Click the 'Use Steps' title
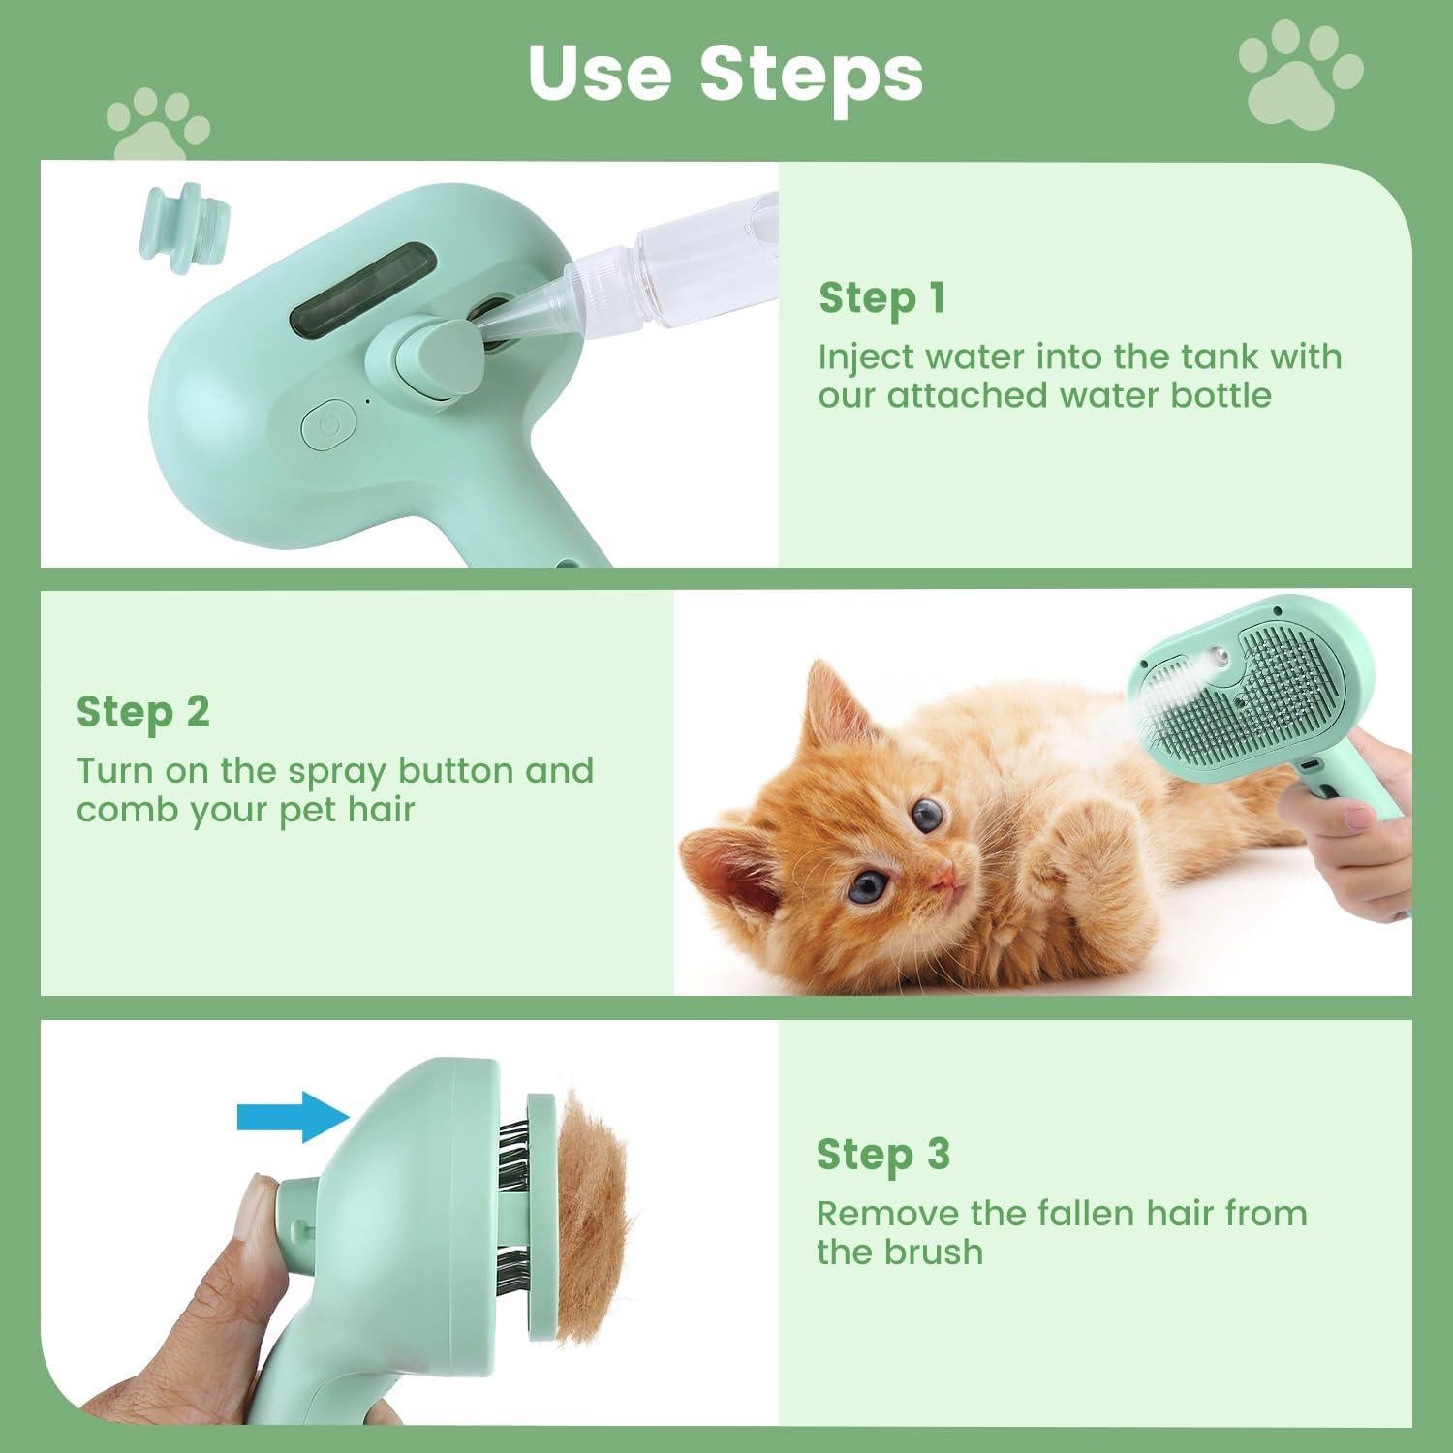(726, 73)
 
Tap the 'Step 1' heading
(881, 298)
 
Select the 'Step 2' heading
(142, 712)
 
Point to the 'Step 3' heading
(882, 1155)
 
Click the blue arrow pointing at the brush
(292, 1117)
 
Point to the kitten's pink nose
(943, 878)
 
